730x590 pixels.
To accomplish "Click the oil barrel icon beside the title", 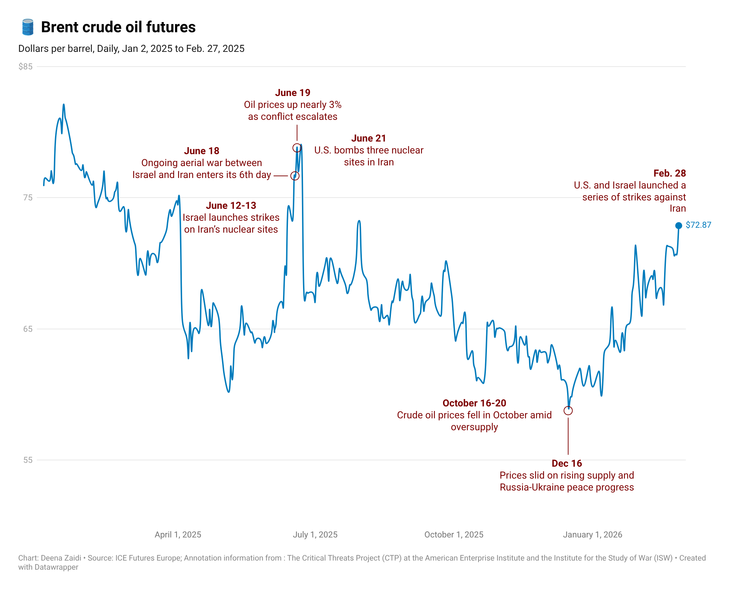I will point(28,27).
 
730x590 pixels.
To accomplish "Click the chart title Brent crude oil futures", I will point(118,27).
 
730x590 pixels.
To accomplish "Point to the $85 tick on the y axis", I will point(25,67).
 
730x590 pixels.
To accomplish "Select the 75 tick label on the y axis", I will point(28,198).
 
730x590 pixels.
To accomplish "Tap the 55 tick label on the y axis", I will point(28,460).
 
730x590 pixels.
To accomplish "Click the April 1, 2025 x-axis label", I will point(178,535).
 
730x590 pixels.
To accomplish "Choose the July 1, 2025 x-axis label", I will point(315,535).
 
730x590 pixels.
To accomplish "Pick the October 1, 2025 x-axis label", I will point(454,535).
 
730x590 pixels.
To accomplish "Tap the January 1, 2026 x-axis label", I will point(592,535).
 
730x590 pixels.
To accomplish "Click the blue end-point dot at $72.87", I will point(679,225).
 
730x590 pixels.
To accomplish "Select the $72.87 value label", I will point(698,225).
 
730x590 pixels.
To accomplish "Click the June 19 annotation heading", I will point(292,93).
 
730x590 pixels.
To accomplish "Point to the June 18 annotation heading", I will point(201,151).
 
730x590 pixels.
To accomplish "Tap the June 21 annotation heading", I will point(369,138).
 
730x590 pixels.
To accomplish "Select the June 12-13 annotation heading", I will point(231,206).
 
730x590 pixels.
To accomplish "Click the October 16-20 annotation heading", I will point(474,403).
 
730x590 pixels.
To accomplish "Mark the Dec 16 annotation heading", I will point(567,464).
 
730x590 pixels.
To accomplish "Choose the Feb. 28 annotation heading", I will point(669,173).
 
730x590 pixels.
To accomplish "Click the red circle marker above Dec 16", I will point(568,411).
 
